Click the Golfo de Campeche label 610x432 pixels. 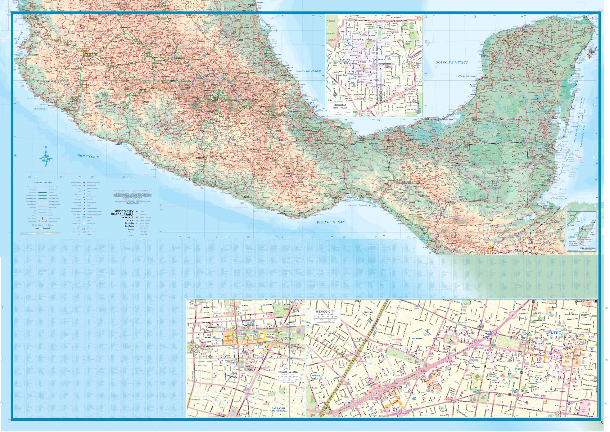pyautogui.click(x=466, y=76)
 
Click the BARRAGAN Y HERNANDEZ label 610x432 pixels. pyautogui.click(x=279, y=409)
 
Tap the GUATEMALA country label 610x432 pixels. pyautogui.click(x=476, y=167)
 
